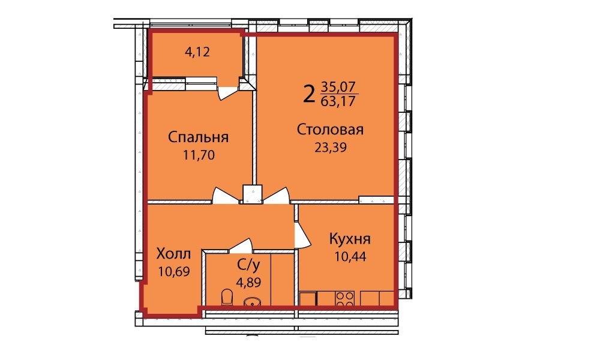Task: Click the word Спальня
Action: point(198,137)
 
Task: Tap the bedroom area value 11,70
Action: point(199,155)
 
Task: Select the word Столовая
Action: point(330,130)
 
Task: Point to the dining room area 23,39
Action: point(331,147)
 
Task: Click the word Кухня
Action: point(350,239)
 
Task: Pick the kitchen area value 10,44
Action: point(350,256)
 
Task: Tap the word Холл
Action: point(174,254)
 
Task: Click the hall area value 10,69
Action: point(174,271)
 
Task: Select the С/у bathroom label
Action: point(249,265)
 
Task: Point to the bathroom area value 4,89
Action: point(249,283)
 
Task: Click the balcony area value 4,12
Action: point(197,52)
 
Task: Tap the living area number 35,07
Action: point(338,86)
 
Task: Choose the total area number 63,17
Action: point(338,101)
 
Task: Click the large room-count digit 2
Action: point(308,94)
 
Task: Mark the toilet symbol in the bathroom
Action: point(227,297)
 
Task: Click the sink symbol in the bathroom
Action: point(252,302)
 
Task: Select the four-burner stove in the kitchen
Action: point(345,298)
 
